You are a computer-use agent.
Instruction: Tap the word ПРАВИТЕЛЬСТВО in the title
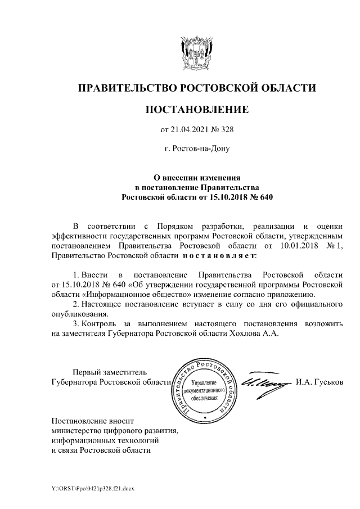(x=127, y=88)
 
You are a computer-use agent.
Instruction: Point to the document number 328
(x=226, y=130)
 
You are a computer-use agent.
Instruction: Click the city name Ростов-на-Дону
(x=196, y=150)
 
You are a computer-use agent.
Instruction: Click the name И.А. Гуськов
(x=318, y=382)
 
